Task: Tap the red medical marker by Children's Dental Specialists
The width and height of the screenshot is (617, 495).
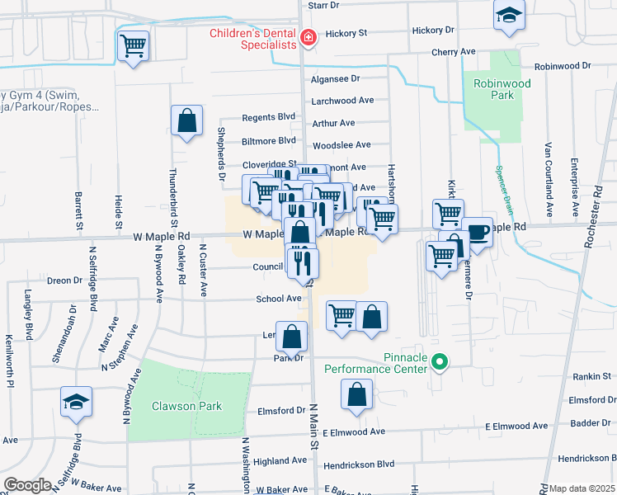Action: pos(308,37)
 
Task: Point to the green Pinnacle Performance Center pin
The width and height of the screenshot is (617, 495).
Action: pos(440,361)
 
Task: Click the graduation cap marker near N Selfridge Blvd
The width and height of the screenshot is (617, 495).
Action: pos(76,403)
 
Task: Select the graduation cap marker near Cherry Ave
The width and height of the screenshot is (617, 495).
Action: pos(510,15)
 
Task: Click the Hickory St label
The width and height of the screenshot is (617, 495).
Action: pos(346,33)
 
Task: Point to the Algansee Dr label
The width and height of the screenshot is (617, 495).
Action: pos(336,79)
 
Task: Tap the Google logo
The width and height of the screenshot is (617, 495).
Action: pos(27,485)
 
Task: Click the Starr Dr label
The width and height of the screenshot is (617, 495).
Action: pos(323,5)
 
